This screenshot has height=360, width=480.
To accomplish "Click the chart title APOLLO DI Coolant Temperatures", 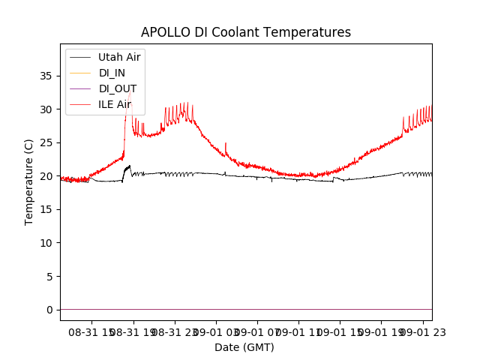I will coord(246,32).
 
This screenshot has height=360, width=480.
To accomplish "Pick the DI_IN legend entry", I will coord(113,73).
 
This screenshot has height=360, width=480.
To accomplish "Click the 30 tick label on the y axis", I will coord(46,109).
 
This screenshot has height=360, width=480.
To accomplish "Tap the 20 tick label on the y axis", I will coord(46,176).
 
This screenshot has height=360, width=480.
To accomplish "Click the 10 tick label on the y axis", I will coord(46,243).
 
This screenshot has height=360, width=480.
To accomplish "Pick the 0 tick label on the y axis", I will coord(49,310).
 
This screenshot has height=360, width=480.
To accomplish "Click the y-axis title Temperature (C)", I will coord(29,182).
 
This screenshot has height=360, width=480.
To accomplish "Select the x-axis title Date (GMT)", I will coord(244,347).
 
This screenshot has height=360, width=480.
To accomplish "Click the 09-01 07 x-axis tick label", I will coord(257,331).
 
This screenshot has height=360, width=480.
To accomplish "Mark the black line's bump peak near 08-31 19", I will coord(129,166).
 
